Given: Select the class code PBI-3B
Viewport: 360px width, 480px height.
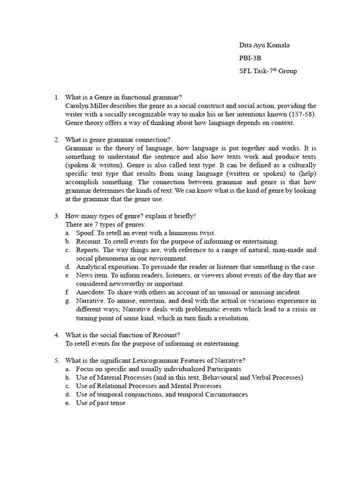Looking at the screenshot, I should [x=250, y=58].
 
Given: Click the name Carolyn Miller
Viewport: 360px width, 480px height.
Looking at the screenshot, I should [x=87, y=106].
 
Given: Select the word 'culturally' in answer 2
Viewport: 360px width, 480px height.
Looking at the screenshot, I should [x=301, y=165].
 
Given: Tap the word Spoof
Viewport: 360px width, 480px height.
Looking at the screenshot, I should [x=85, y=233].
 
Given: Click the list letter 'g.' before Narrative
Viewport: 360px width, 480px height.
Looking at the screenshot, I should [x=68, y=300].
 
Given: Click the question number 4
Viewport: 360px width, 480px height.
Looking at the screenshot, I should [x=56, y=335].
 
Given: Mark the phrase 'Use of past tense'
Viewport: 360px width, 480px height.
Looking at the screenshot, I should [x=101, y=403].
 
